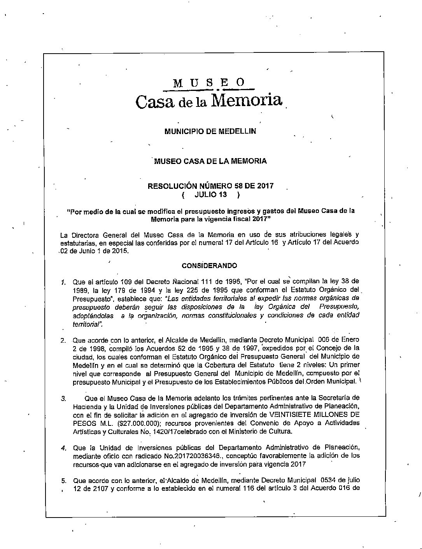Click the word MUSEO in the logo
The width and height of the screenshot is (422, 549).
click(x=209, y=83)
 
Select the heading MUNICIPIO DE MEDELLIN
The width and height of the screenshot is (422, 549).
click(x=210, y=131)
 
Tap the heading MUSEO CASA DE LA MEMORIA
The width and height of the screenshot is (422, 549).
click(x=210, y=161)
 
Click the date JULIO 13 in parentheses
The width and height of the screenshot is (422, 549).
click(x=210, y=194)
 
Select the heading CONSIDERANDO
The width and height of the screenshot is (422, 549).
click(x=209, y=266)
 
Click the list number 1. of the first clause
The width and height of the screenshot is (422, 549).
click(x=63, y=282)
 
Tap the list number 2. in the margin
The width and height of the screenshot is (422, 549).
click(x=63, y=341)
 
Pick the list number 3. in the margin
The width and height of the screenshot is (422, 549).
click(x=63, y=398)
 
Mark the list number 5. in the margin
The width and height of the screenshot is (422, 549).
click(x=63, y=481)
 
